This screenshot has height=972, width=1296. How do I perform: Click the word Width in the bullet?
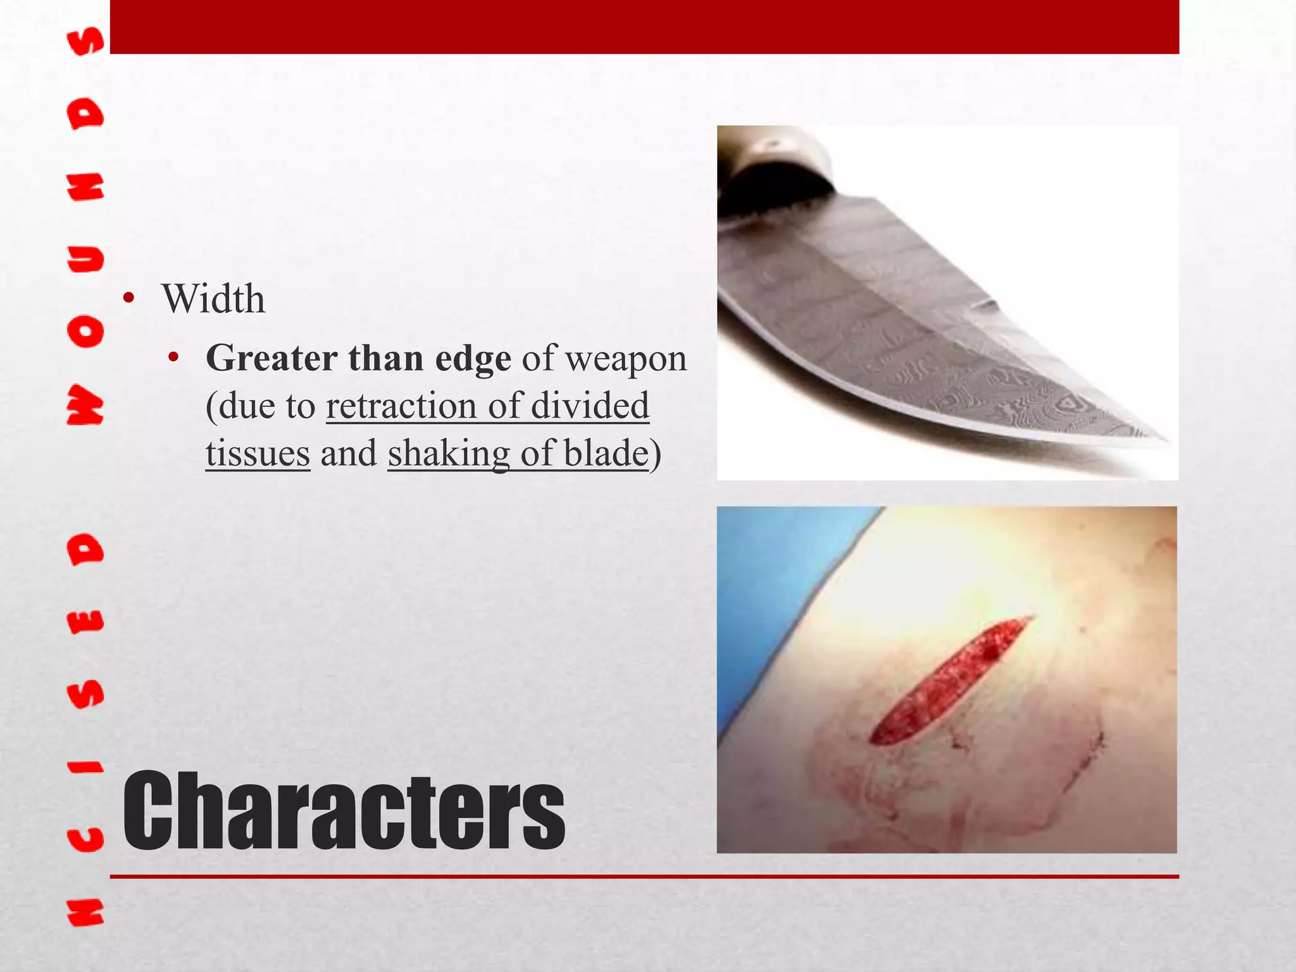coord(213,299)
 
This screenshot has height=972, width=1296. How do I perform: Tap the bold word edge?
coord(473,359)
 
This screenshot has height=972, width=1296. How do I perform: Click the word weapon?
coord(625,359)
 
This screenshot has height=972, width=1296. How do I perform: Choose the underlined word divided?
coord(590,406)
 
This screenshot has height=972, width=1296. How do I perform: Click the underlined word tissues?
coord(258,453)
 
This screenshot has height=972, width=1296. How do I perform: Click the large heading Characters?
coord(343,812)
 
